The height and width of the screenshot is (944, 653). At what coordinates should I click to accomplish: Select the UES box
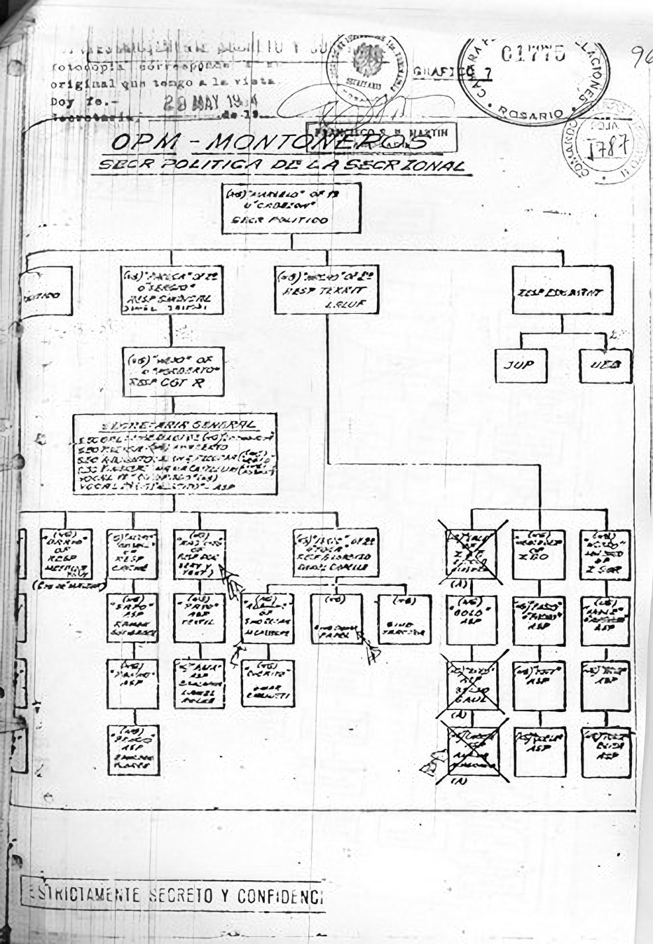click(605, 364)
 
